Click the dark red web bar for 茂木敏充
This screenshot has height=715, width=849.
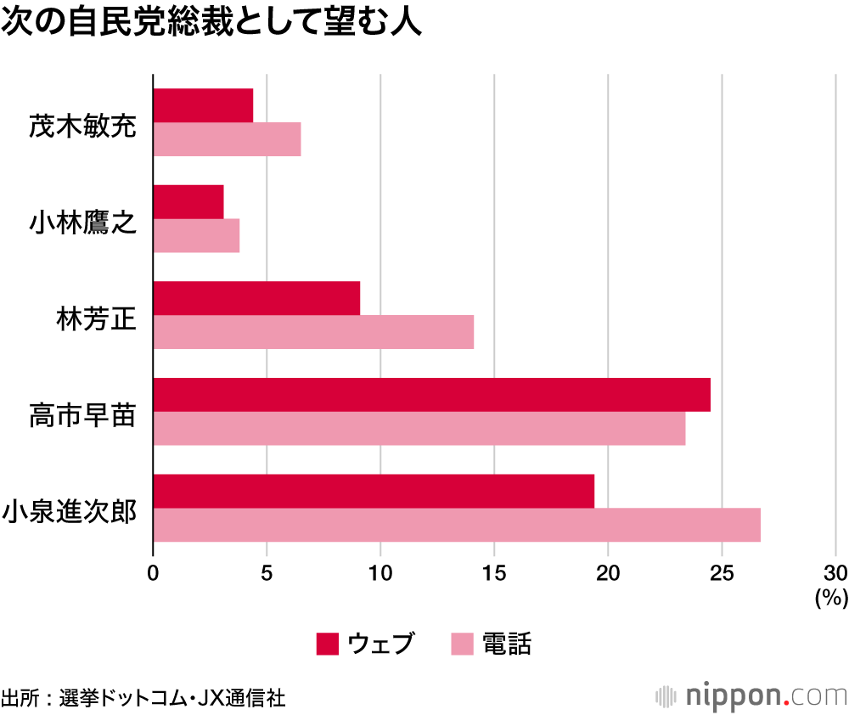[204, 105]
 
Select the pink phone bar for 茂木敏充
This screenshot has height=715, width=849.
[228, 139]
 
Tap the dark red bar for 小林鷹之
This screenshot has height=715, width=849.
[188, 202]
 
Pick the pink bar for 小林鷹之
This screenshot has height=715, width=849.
[196, 235]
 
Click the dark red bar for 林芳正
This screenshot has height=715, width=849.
[256, 298]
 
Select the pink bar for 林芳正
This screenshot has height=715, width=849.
[313, 332]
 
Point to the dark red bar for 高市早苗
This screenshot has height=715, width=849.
[431, 395]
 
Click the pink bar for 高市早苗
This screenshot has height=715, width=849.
[419, 428]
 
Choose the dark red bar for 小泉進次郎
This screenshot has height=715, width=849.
[374, 491]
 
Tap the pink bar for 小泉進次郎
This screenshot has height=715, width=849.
[457, 525]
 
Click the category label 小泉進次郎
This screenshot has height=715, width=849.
[70, 513]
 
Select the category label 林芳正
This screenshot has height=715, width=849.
[96, 320]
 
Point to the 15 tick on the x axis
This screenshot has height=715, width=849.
[494, 571]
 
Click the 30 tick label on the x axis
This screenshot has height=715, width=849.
[835, 571]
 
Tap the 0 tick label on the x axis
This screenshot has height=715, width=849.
[153, 571]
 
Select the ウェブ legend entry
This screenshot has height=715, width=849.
[366, 644]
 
